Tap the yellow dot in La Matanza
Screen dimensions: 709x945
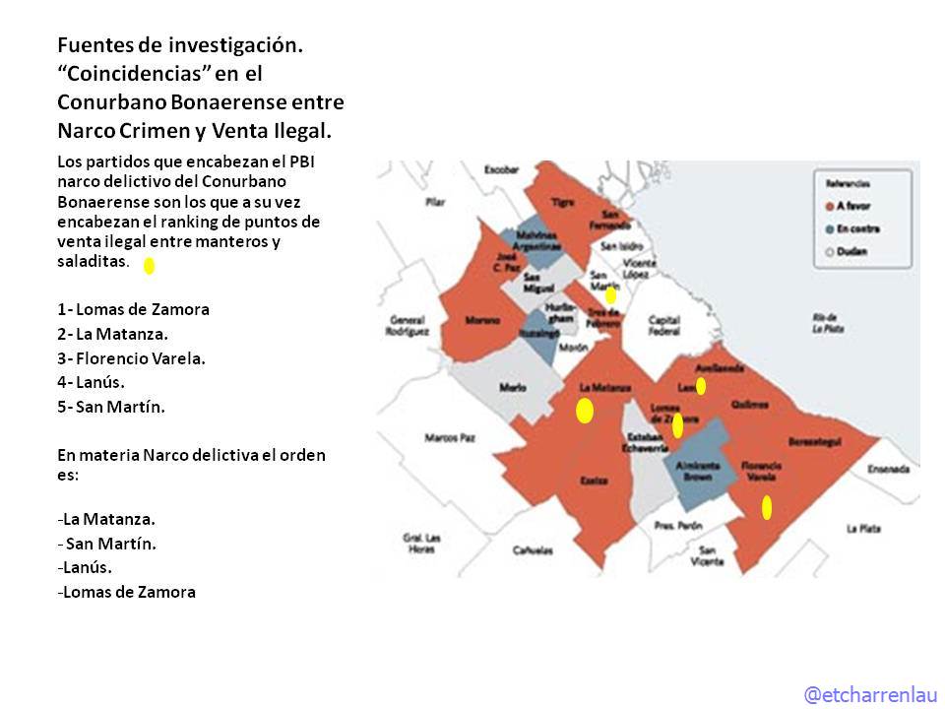585,411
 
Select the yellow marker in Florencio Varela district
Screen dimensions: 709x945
767,507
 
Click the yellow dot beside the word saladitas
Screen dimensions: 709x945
149,265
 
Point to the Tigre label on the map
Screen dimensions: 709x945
563,202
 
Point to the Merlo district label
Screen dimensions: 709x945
513,387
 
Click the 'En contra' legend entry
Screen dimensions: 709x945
856,228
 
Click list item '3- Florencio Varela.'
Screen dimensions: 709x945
132,358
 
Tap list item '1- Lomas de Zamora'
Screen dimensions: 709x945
134,309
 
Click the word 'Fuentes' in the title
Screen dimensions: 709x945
92,44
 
